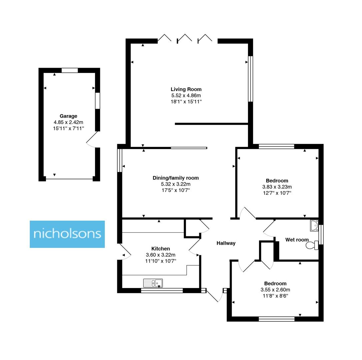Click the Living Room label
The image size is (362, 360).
pyautogui.click(x=186, y=89)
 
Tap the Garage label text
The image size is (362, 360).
pyautogui.click(x=68, y=116)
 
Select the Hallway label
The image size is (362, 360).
pyautogui.click(x=226, y=243)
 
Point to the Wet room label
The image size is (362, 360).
pyautogui.click(x=297, y=240)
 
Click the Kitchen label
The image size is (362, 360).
pyautogui.click(x=161, y=249)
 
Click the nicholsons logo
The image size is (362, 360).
pyautogui.click(x=67, y=234)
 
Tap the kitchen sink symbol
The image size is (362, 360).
pyautogui.click(x=153, y=283)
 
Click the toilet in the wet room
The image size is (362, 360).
pyautogui.click(x=312, y=246)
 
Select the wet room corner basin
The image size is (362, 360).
pyautogui.click(x=314, y=225)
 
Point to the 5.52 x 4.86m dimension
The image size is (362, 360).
pyautogui.click(x=186, y=95)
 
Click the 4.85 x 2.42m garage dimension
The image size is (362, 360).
pyautogui.click(x=68, y=122)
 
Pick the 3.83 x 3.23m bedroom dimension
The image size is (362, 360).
pyautogui.click(x=277, y=187)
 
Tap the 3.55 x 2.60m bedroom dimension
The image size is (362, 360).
pyautogui.click(x=275, y=290)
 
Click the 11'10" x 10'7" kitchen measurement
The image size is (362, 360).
pyautogui.click(x=161, y=261)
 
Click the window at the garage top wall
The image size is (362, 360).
pyautogui.click(x=70, y=70)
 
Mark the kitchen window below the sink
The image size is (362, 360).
pyautogui.click(x=162, y=291)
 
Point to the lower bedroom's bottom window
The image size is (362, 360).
pyautogui.click(x=277, y=319)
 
